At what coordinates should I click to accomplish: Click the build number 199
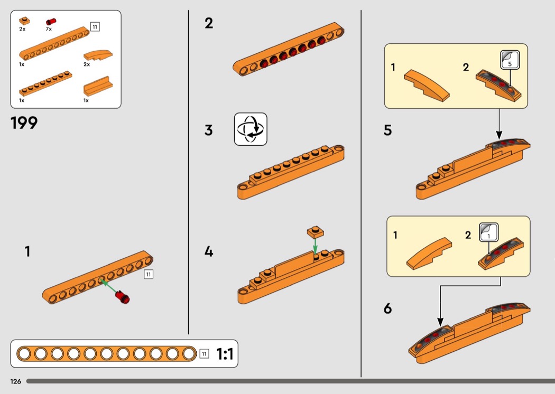[24, 123]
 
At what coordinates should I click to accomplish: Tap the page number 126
[15, 381]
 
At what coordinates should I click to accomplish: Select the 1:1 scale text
[225, 354]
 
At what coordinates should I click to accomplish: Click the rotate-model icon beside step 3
[251, 129]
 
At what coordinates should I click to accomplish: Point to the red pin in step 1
[123, 297]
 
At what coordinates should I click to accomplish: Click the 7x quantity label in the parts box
[49, 29]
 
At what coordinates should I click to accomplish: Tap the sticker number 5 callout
[510, 60]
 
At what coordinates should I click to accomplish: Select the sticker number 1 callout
[489, 232]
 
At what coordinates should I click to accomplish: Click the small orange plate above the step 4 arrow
[316, 232]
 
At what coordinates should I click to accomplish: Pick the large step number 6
[388, 308]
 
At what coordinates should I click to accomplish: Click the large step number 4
[209, 251]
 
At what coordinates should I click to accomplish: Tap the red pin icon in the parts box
[51, 22]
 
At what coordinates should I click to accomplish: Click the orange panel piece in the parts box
[98, 86]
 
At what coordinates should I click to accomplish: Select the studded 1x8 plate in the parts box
[45, 83]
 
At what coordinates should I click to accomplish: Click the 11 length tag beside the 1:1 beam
[204, 354]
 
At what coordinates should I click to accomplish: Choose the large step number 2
[209, 23]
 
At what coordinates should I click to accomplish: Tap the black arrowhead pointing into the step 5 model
[499, 135]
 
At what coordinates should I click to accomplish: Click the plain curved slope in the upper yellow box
[427, 85]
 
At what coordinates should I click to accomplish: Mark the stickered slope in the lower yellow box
[501, 254]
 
